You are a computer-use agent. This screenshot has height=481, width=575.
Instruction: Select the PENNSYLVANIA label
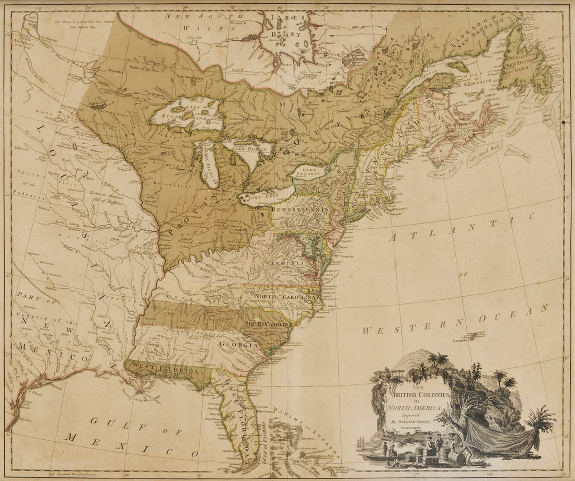300,209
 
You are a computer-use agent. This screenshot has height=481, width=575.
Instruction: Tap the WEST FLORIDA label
165,369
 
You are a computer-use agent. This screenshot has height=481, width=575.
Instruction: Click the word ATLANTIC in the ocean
463,226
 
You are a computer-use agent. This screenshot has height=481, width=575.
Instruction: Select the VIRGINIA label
281,262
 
